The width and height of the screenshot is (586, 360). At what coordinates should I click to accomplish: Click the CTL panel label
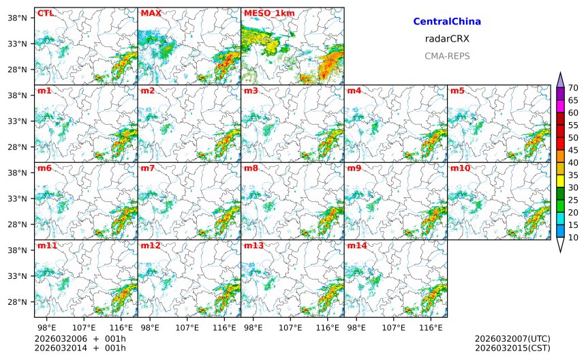click(45, 13)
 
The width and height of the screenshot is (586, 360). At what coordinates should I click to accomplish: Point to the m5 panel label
click(457, 91)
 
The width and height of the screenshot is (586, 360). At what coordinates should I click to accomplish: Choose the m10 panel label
click(459, 168)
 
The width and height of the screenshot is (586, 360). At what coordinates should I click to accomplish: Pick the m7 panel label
click(148, 168)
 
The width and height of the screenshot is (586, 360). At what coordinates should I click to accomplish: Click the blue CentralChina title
click(447, 22)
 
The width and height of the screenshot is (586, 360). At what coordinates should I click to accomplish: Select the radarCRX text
click(447, 39)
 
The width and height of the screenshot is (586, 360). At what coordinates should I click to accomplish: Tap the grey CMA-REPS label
click(447, 56)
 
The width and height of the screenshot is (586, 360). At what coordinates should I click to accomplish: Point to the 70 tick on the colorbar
click(573, 88)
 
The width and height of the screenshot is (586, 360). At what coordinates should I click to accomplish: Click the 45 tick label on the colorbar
click(573, 150)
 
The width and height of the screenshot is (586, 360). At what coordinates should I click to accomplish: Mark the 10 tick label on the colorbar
click(573, 237)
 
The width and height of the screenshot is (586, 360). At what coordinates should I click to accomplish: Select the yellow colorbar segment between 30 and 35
click(560, 181)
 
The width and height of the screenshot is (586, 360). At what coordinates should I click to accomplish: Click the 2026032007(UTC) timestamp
click(512, 339)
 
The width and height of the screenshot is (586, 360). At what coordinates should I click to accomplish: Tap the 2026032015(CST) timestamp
click(512, 348)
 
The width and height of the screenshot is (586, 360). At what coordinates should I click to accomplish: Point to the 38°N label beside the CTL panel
click(16, 18)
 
